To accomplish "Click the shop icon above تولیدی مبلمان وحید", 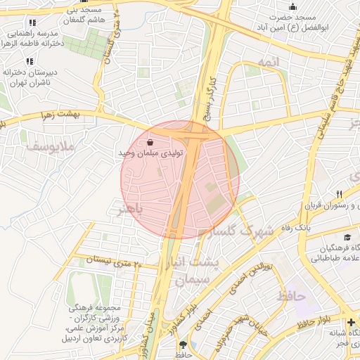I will pos(151,141).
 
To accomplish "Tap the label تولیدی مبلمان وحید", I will pos(152,153).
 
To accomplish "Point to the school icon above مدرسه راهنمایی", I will pos(31,22).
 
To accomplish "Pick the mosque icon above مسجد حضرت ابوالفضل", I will pos(292,7).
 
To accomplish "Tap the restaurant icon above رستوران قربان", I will pos(339,194).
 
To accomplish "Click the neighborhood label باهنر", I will pos(130,209).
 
